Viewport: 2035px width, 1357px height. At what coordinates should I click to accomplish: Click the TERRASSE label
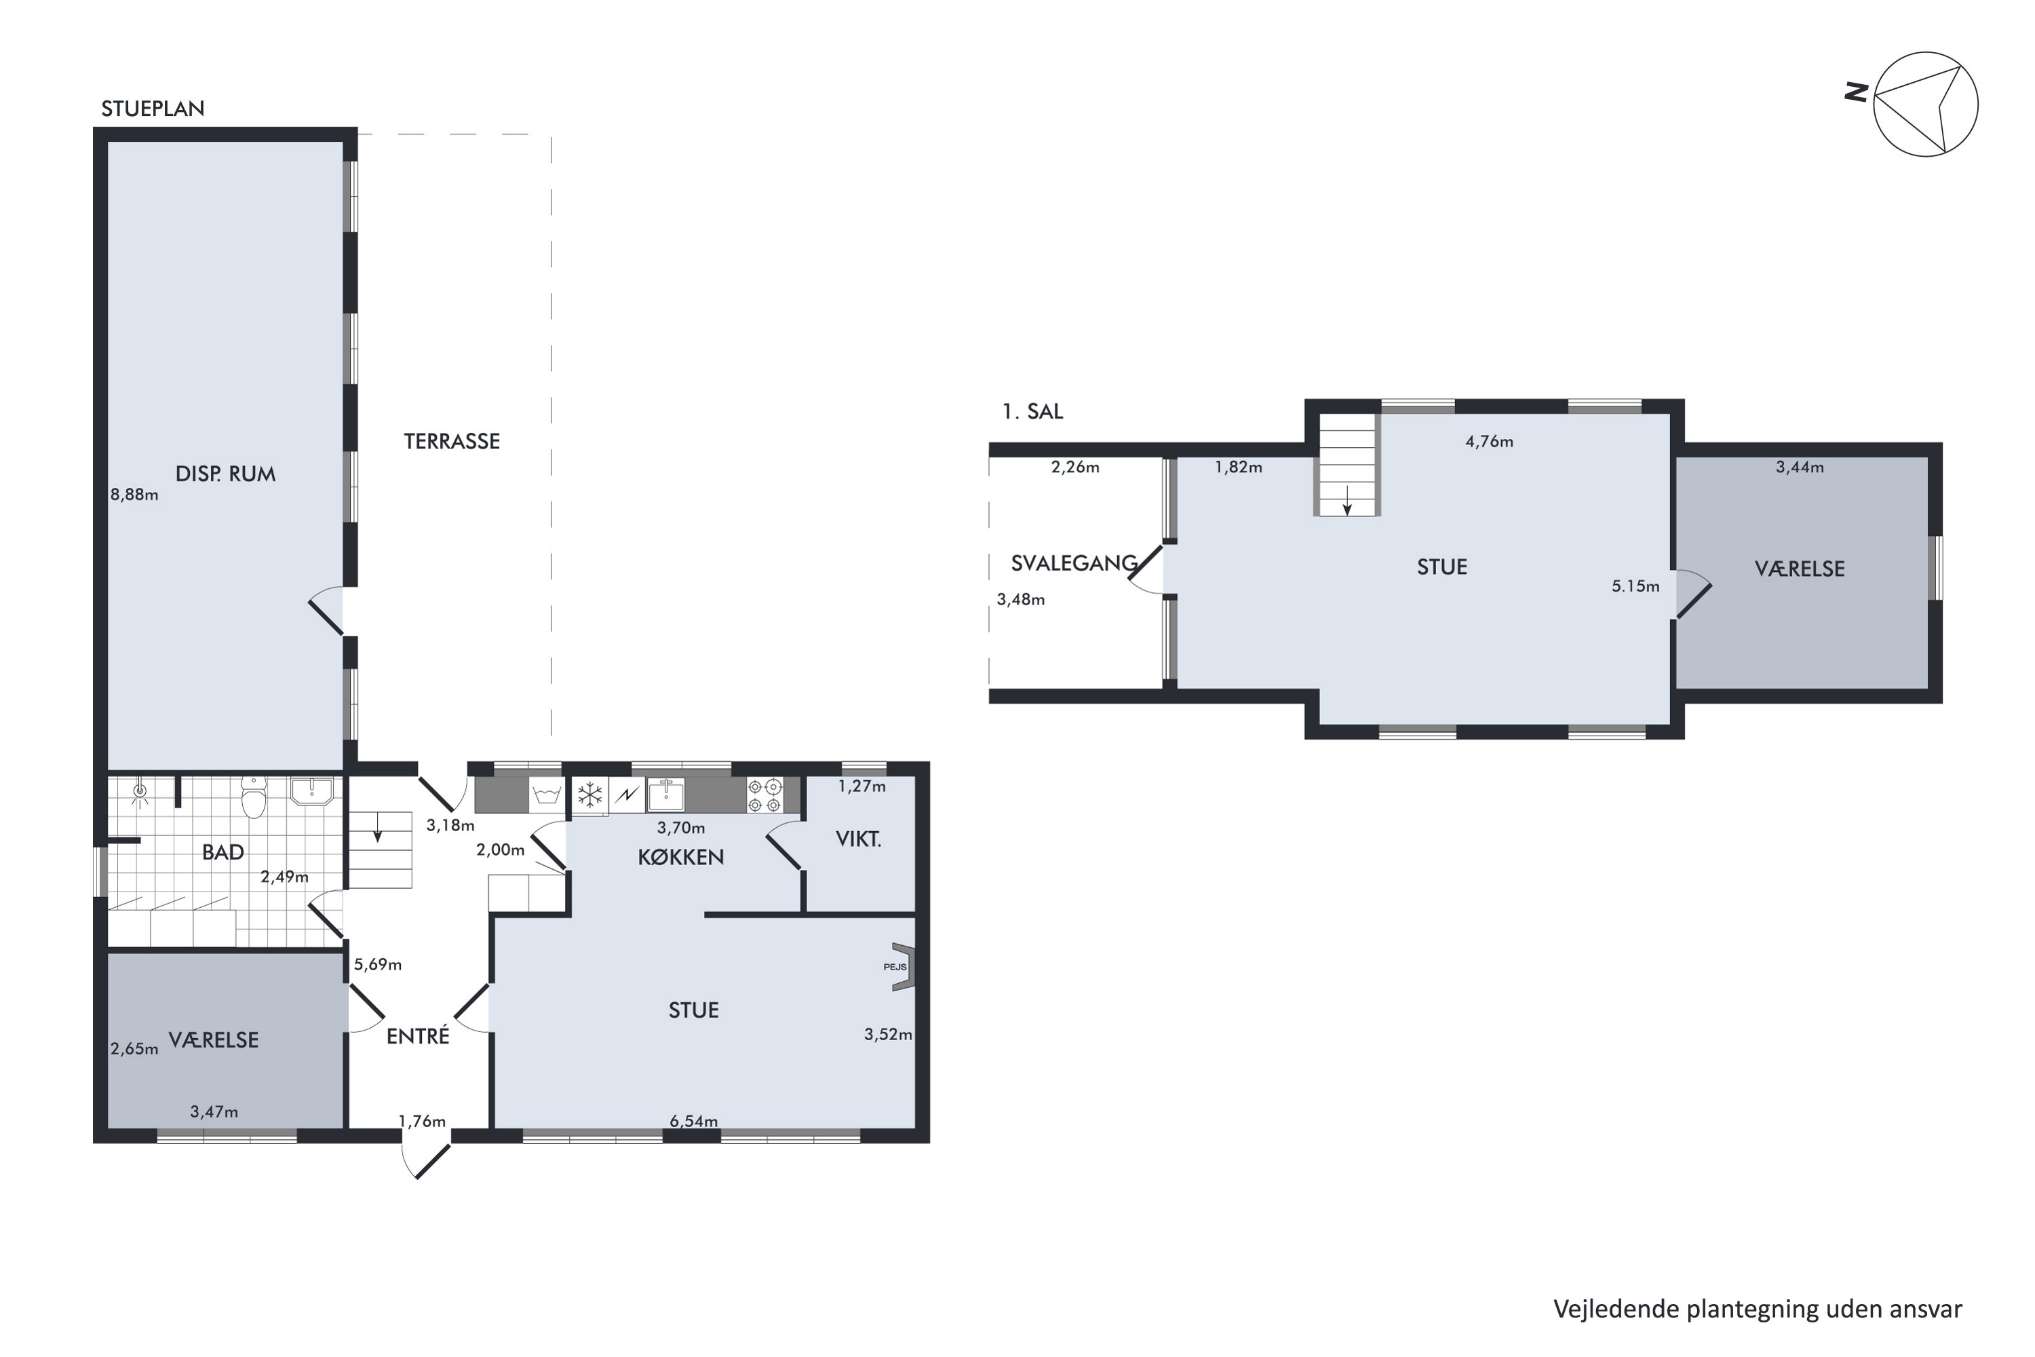click(452, 442)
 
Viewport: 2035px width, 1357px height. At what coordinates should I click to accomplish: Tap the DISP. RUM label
click(225, 474)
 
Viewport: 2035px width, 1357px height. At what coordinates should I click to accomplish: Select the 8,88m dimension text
click(134, 495)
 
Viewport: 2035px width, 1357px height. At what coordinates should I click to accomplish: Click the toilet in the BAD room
click(252, 797)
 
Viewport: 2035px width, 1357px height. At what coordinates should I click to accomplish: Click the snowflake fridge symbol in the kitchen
click(590, 795)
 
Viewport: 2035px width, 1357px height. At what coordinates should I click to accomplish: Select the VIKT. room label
click(858, 839)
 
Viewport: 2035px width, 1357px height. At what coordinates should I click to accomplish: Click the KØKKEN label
click(681, 857)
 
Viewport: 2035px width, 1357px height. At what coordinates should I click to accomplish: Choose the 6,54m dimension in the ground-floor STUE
click(694, 1122)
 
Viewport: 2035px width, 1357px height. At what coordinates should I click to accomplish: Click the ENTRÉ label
click(418, 1036)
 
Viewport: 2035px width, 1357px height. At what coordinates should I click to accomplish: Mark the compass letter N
click(1856, 92)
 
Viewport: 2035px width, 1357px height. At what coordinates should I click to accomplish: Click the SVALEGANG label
click(1074, 563)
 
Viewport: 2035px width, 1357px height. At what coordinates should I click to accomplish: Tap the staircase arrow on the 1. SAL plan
click(1347, 500)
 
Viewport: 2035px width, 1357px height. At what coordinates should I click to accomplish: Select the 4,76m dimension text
click(1489, 442)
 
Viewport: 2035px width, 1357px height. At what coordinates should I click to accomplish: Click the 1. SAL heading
click(1032, 412)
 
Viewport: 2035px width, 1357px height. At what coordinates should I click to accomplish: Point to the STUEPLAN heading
click(153, 109)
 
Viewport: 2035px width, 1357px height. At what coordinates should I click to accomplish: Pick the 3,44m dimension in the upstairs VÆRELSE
click(1800, 467)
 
